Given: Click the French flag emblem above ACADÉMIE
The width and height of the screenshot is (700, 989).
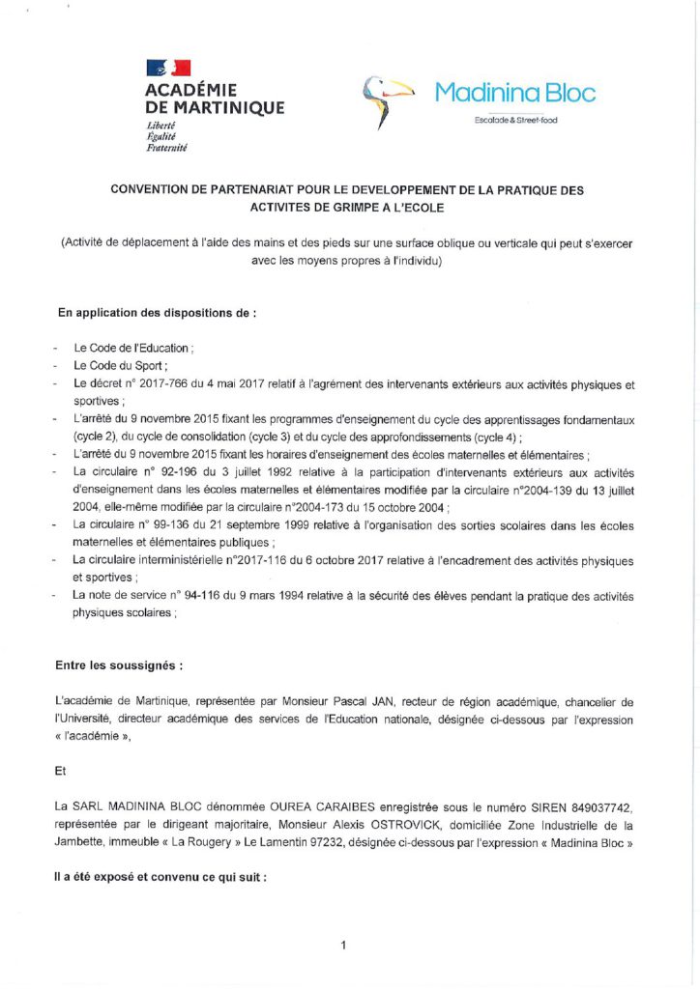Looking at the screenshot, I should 168,68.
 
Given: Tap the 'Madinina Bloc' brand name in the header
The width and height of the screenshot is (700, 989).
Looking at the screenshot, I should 514,93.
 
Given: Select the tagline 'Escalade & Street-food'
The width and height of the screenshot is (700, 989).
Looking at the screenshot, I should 514,120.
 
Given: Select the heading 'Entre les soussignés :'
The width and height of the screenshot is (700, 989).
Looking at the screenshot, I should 119,665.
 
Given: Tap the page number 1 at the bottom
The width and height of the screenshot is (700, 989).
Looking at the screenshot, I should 343,946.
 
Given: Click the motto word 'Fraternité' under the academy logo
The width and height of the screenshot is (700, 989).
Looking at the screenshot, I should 167,148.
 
